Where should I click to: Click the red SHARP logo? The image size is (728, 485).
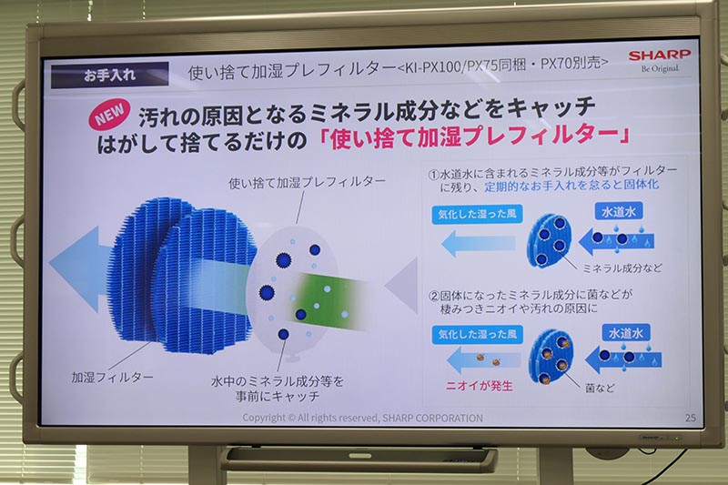(660, 56)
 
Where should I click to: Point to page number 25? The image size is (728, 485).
(689, 417)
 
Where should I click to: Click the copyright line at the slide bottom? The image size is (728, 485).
(362, 418)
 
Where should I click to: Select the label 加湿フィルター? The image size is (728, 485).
(113, 376)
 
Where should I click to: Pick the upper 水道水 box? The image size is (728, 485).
(622, 211)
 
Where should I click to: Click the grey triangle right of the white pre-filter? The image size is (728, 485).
(401, 286)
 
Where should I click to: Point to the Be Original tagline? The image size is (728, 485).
(660, 69)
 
